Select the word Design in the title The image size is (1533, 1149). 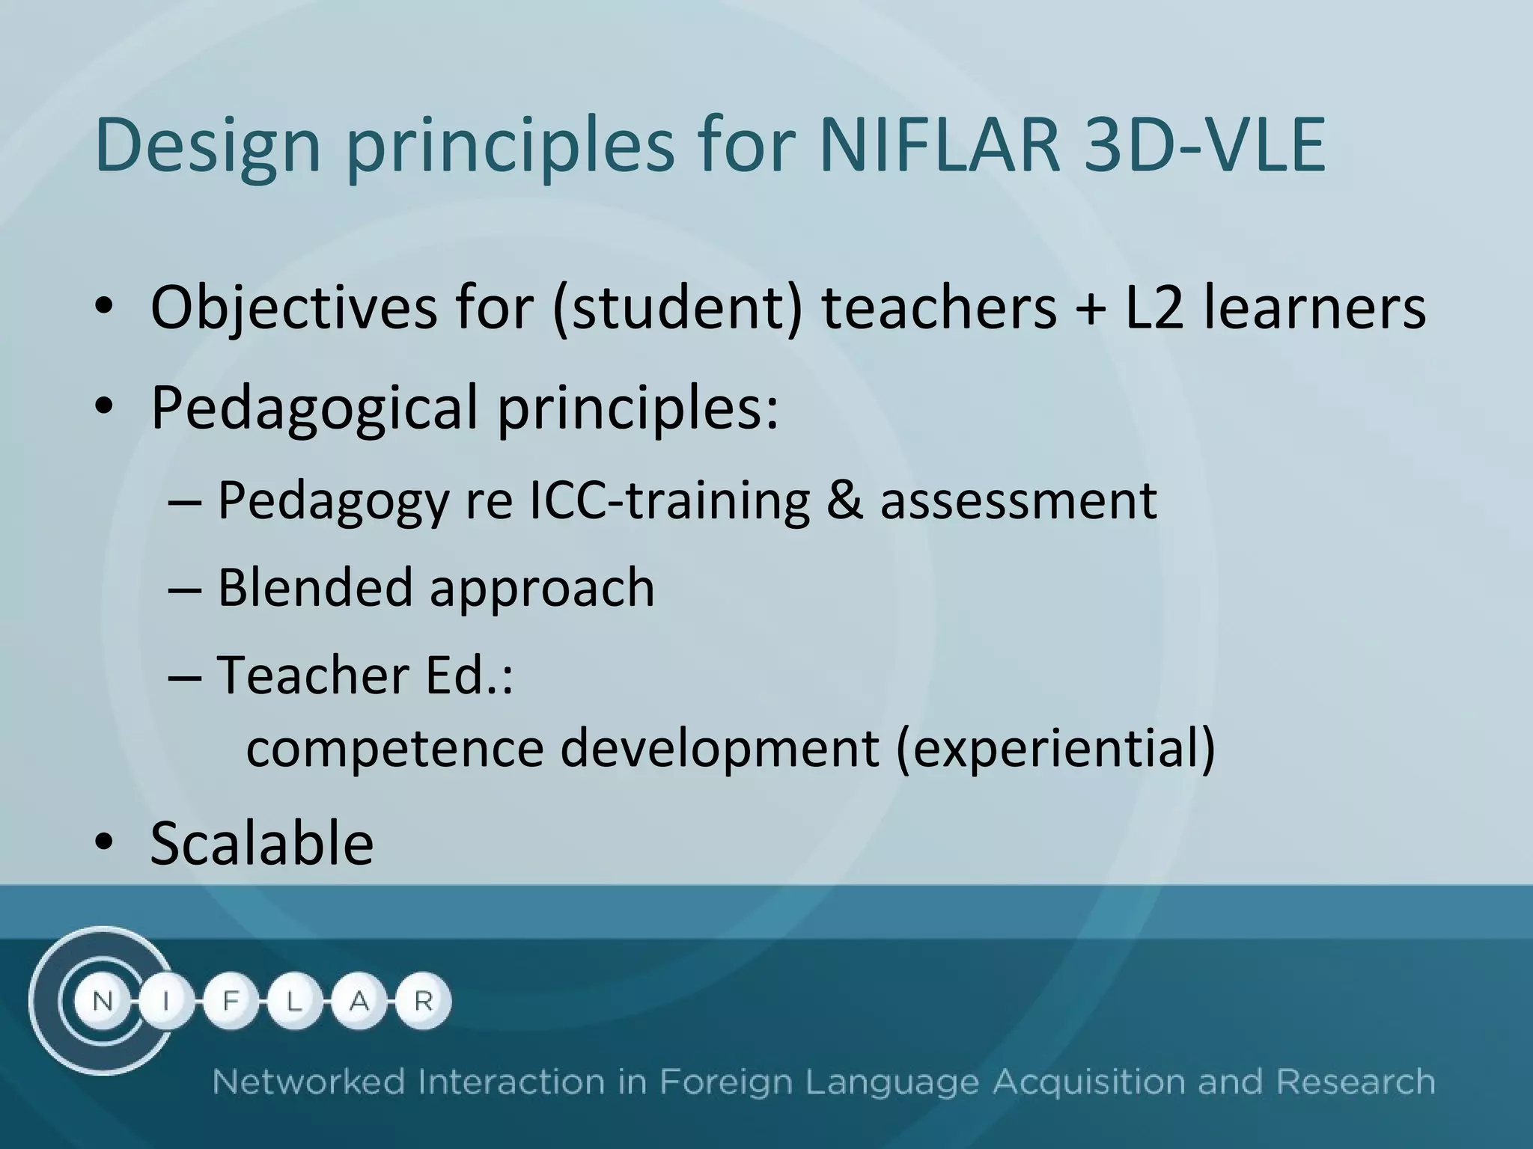[207, 146]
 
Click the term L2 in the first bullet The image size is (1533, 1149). [1154, 307]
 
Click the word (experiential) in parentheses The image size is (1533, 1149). [1055, 749]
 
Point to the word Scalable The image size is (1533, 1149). [262, 844]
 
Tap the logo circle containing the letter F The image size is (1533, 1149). [231, 1002]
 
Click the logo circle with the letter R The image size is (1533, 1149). [423, 1001]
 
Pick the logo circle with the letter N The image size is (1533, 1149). [103, 1002]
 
